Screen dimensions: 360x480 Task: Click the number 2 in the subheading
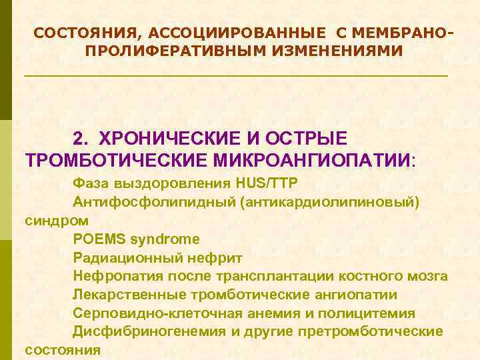[x=79, y=138]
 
